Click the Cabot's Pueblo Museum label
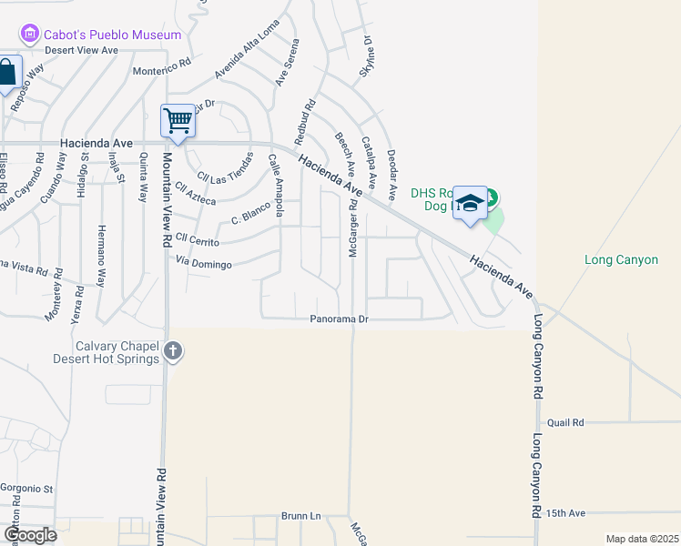[112, 35]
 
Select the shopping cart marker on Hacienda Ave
[178, 121]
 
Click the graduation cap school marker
[470, 204]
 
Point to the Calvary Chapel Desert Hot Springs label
[118, 352]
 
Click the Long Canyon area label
[621, 260]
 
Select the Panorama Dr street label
[339, 319]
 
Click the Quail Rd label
[564, 422]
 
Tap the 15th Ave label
[566, 513]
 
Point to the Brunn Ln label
[301, 516]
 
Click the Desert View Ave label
[82, 50]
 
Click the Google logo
[30, 534]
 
